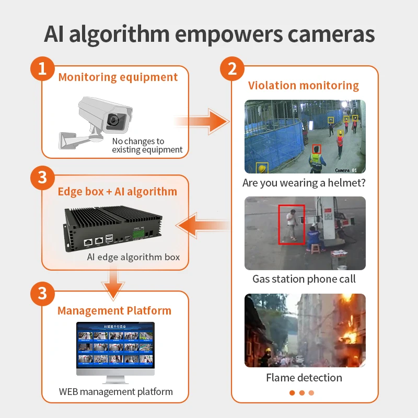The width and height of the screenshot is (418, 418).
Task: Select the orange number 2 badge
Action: click(233, 69)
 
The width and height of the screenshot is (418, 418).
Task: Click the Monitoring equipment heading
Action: click(118, 77)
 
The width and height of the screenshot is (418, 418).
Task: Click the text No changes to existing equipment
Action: click(147, 145)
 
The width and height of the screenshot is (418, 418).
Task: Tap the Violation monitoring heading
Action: click(304, 86)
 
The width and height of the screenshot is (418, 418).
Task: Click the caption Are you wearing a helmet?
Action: click(304, 183)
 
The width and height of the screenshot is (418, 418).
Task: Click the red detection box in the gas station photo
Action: click(291, 224)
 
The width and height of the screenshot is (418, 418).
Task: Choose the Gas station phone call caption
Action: click(304, 279)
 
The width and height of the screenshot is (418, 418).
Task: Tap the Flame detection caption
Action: click(304, 378)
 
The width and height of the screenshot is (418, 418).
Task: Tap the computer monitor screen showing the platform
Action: click(115, 345)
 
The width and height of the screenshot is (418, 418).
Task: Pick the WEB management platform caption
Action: click(115, 391)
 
